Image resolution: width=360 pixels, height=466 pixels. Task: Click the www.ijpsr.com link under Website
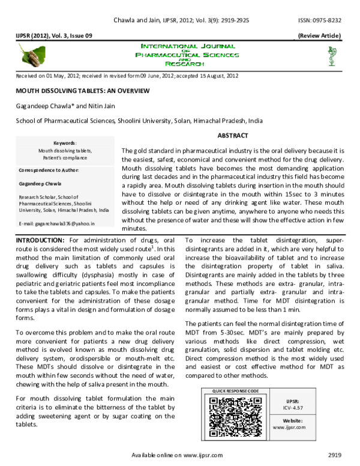pyautogui.click(x=289, y=428)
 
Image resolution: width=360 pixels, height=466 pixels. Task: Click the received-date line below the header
pyautogui.click(x=127, y=76)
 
